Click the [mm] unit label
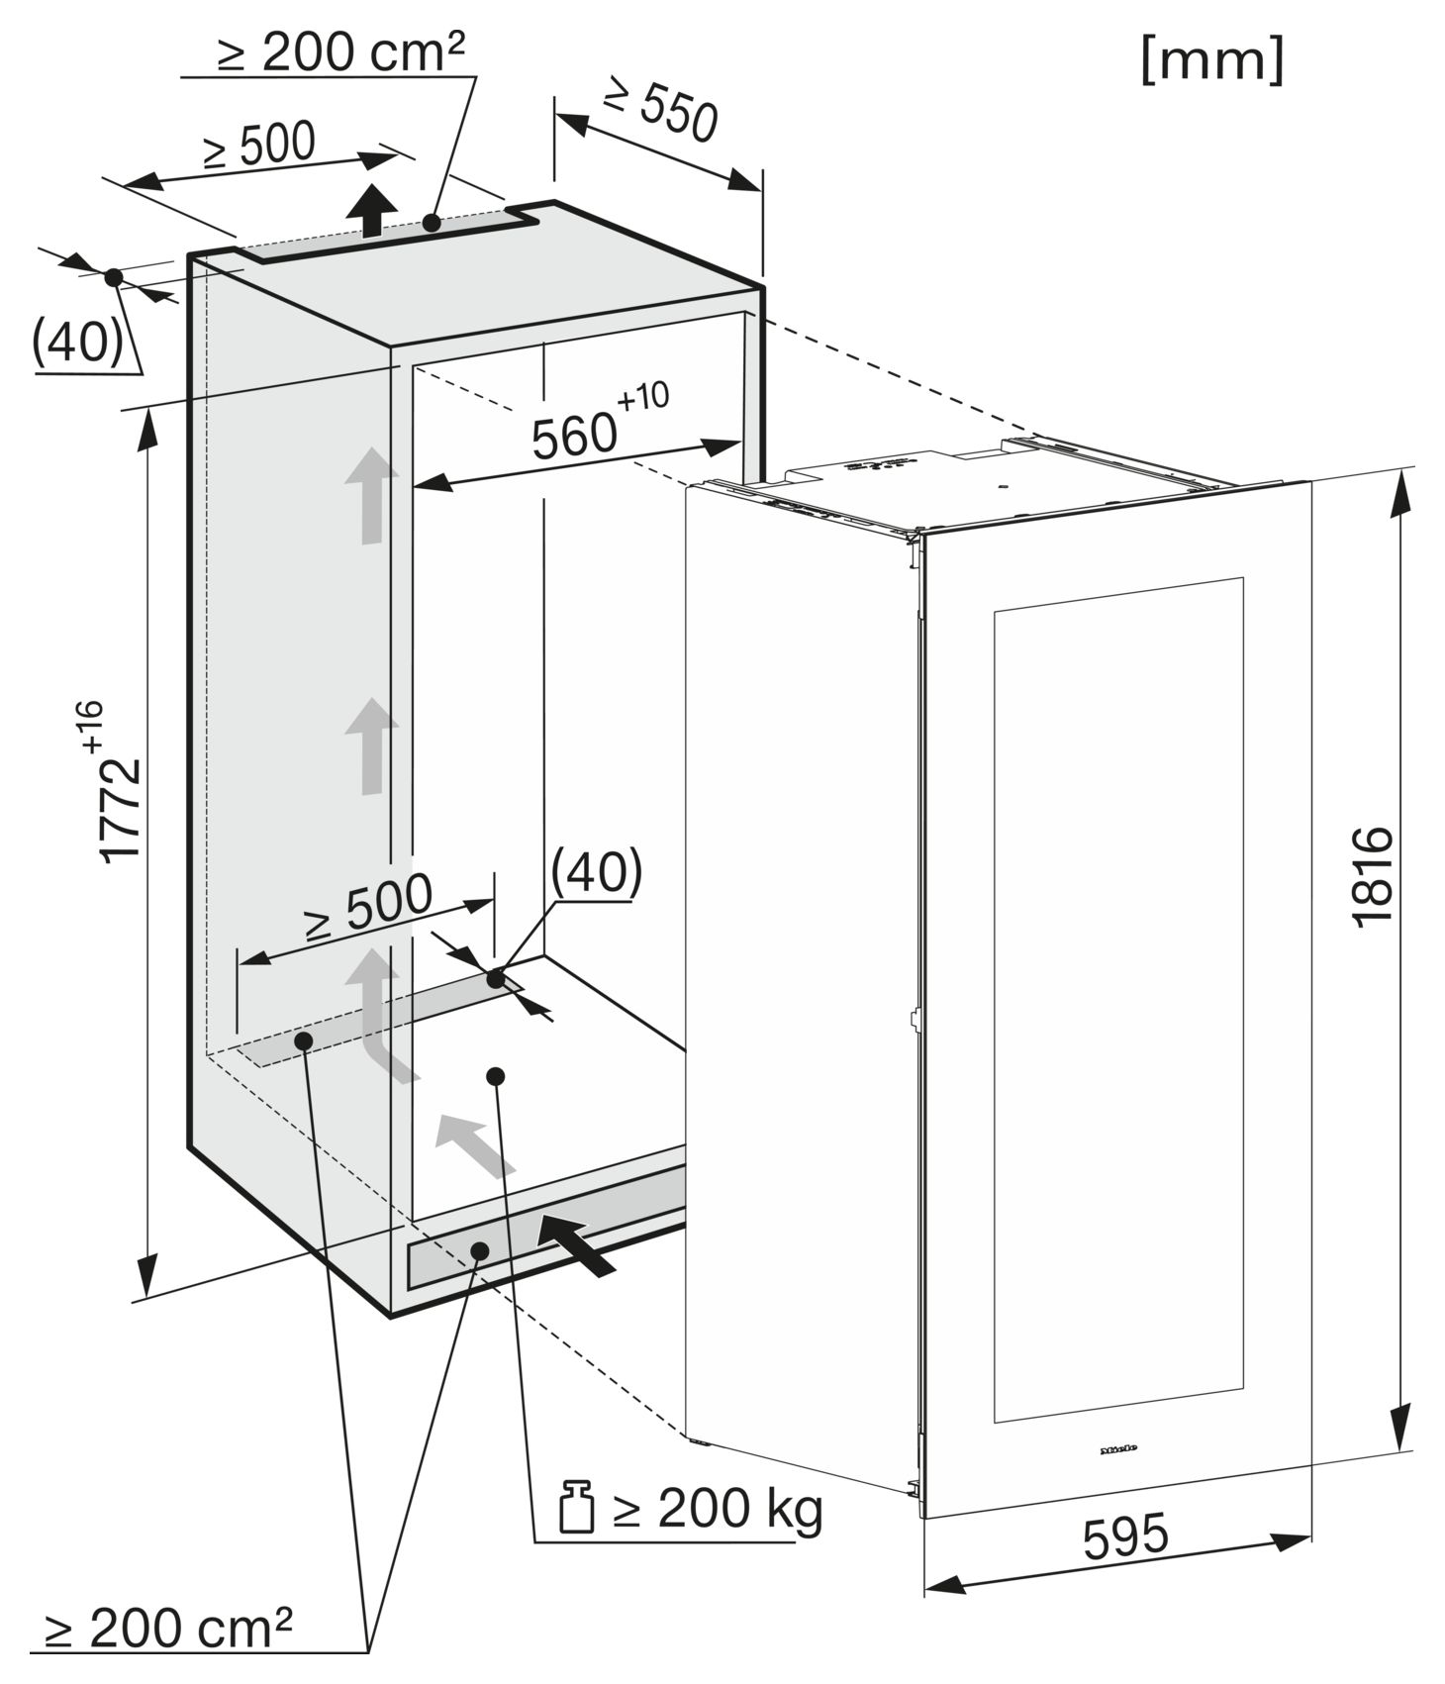pyautogui.click(x=1212, y=60)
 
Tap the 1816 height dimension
pyautogui.click(x=1372, y=876)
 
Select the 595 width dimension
pyautogui.click(x=1125, y=1535)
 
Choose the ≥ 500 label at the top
pyautogui.click(x=259, y=146)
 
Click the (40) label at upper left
pyautogui.click(x=78, y=342)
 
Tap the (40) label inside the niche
pyautogui.click(x=597, y=872)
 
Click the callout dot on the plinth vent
pyautogui.click(x=480, y=1250)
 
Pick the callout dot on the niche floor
pyautogui.click(x=496, y=1076)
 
